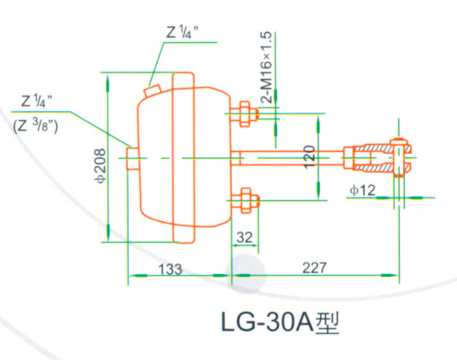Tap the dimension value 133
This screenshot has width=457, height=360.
pos(169,268)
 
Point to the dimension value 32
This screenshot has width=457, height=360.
pos(244,236)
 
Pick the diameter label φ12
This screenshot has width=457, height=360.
pos(362,191)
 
